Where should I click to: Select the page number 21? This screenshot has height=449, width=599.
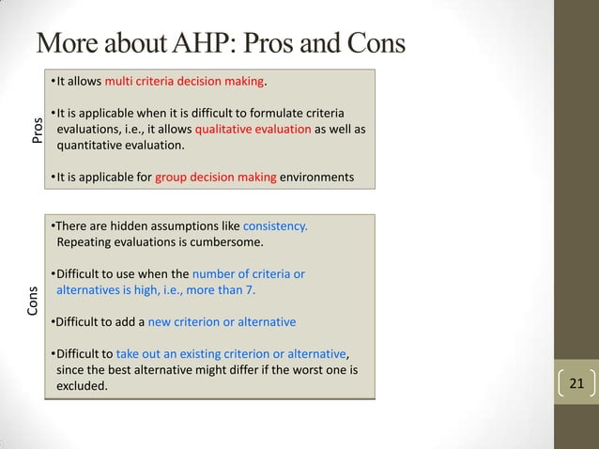[x=576, y=383]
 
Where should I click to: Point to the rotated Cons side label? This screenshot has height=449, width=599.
[x=34, y=301]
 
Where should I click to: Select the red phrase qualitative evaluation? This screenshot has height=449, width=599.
[x=253, y=129]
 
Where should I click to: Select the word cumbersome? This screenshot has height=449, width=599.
[x=219, y=242]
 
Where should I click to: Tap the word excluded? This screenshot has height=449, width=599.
[x=82, y=385]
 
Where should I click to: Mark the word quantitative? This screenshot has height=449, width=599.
[x=95, y=146]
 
